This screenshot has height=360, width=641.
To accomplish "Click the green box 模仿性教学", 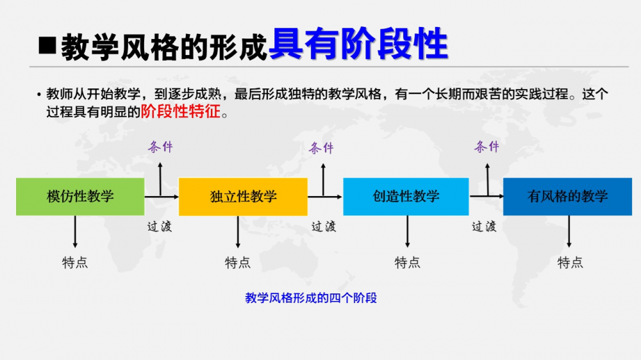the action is (x=80, y=197).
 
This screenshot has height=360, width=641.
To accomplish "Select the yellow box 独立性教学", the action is (x=243, y=197).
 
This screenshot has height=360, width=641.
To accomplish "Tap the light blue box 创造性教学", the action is (x=406, y=197).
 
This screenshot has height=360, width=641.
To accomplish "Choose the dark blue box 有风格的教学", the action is (x=567, y=197).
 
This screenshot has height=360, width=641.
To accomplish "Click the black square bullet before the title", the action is (x=47, y=45).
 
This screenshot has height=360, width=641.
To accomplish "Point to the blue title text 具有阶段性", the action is (x=358, y=44).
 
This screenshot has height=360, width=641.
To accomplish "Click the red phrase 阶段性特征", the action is (x=181, y=111).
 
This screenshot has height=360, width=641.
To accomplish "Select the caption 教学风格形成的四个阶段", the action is (x=311, y=298).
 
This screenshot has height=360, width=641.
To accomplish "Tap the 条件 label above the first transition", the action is (x=160, y=147).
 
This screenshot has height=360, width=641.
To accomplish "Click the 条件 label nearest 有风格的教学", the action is (x=487, y=146).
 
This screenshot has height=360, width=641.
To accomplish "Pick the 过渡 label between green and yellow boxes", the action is (x=160, y=226).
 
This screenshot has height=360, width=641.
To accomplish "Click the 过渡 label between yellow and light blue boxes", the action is (x=324, y=226).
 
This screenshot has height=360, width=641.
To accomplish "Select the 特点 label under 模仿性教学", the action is (x=75, y=263).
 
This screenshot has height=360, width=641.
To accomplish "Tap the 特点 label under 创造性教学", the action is (x=407, y=263).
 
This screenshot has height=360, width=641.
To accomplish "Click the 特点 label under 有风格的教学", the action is (x=570, y=263).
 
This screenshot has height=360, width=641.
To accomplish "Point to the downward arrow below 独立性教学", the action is (x=238, y=232).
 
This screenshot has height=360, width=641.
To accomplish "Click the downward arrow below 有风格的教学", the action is (x=569, y=231).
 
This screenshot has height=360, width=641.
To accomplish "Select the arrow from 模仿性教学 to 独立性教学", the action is (x=162, y=197).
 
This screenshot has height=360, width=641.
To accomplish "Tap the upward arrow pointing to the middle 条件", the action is (x=323, y=180).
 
